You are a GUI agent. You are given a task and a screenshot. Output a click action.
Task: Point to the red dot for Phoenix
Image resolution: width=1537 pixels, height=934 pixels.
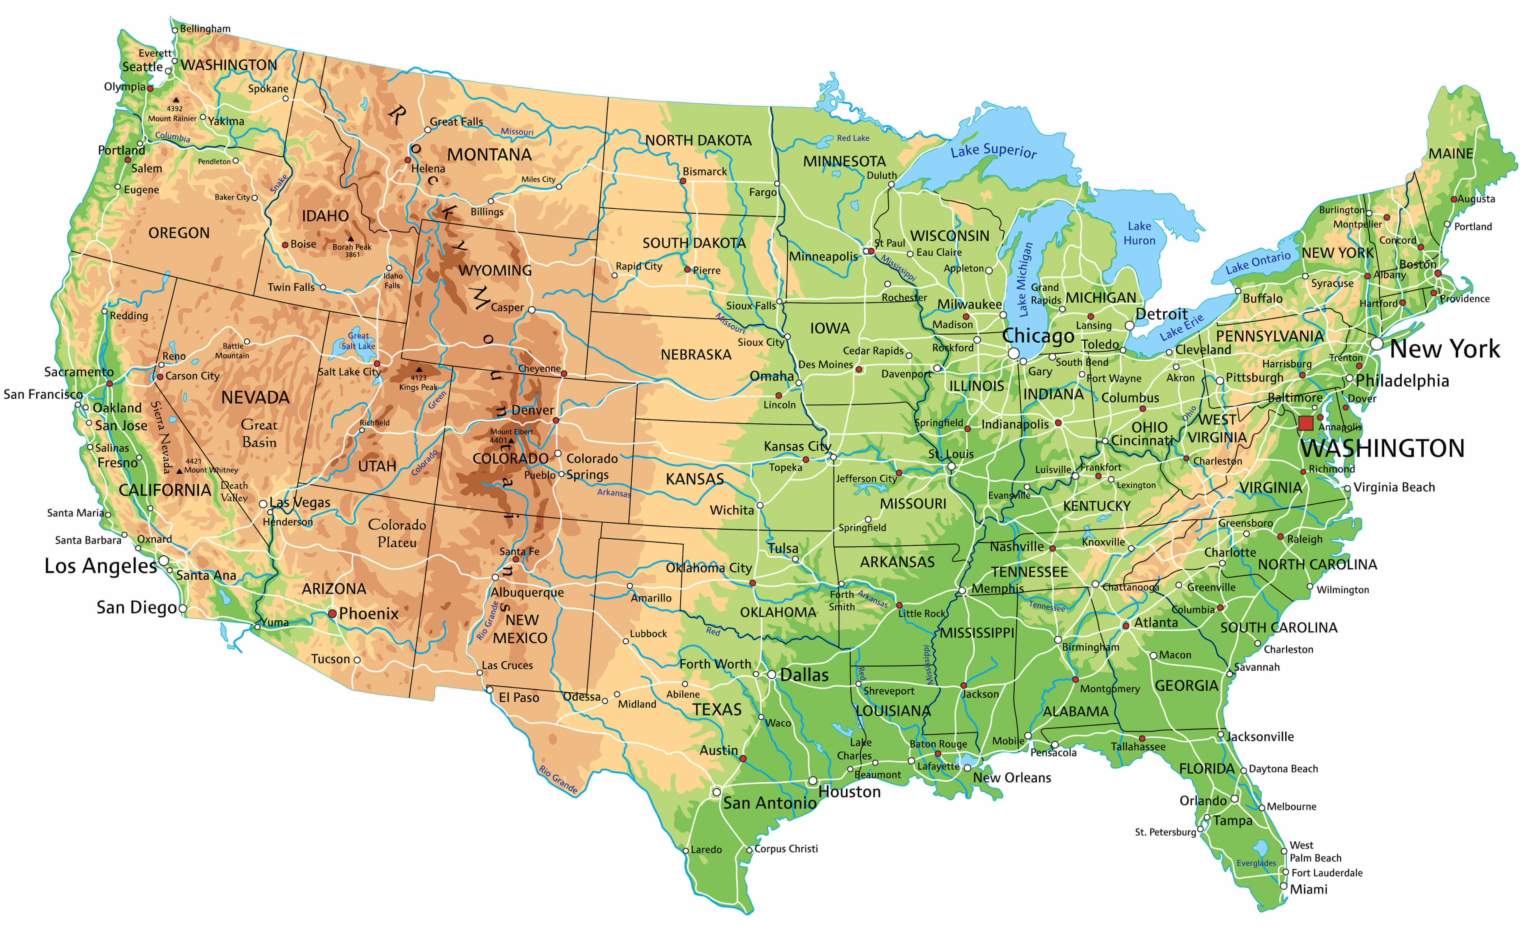point(332,614)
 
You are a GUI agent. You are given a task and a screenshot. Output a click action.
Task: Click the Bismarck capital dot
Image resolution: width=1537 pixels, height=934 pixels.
point(683,181)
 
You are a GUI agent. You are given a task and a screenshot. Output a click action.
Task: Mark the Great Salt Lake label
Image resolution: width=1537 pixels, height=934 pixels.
point(358,341)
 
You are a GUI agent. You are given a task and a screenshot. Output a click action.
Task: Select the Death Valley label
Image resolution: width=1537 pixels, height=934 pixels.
point(234,491)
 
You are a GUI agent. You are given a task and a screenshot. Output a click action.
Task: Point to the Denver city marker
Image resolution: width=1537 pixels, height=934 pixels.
point(556,420)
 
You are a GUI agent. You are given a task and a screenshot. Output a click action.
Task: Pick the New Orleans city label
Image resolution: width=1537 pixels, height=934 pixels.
point(1012,777)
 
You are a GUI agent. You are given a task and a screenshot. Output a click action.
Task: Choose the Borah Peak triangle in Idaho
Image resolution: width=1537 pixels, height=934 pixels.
point(351,238)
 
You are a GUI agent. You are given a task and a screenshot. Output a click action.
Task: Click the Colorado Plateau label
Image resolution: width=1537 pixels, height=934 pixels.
point(397,533)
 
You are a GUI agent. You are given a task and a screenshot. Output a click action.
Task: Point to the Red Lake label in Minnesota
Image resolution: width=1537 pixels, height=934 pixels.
point(853,138)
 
